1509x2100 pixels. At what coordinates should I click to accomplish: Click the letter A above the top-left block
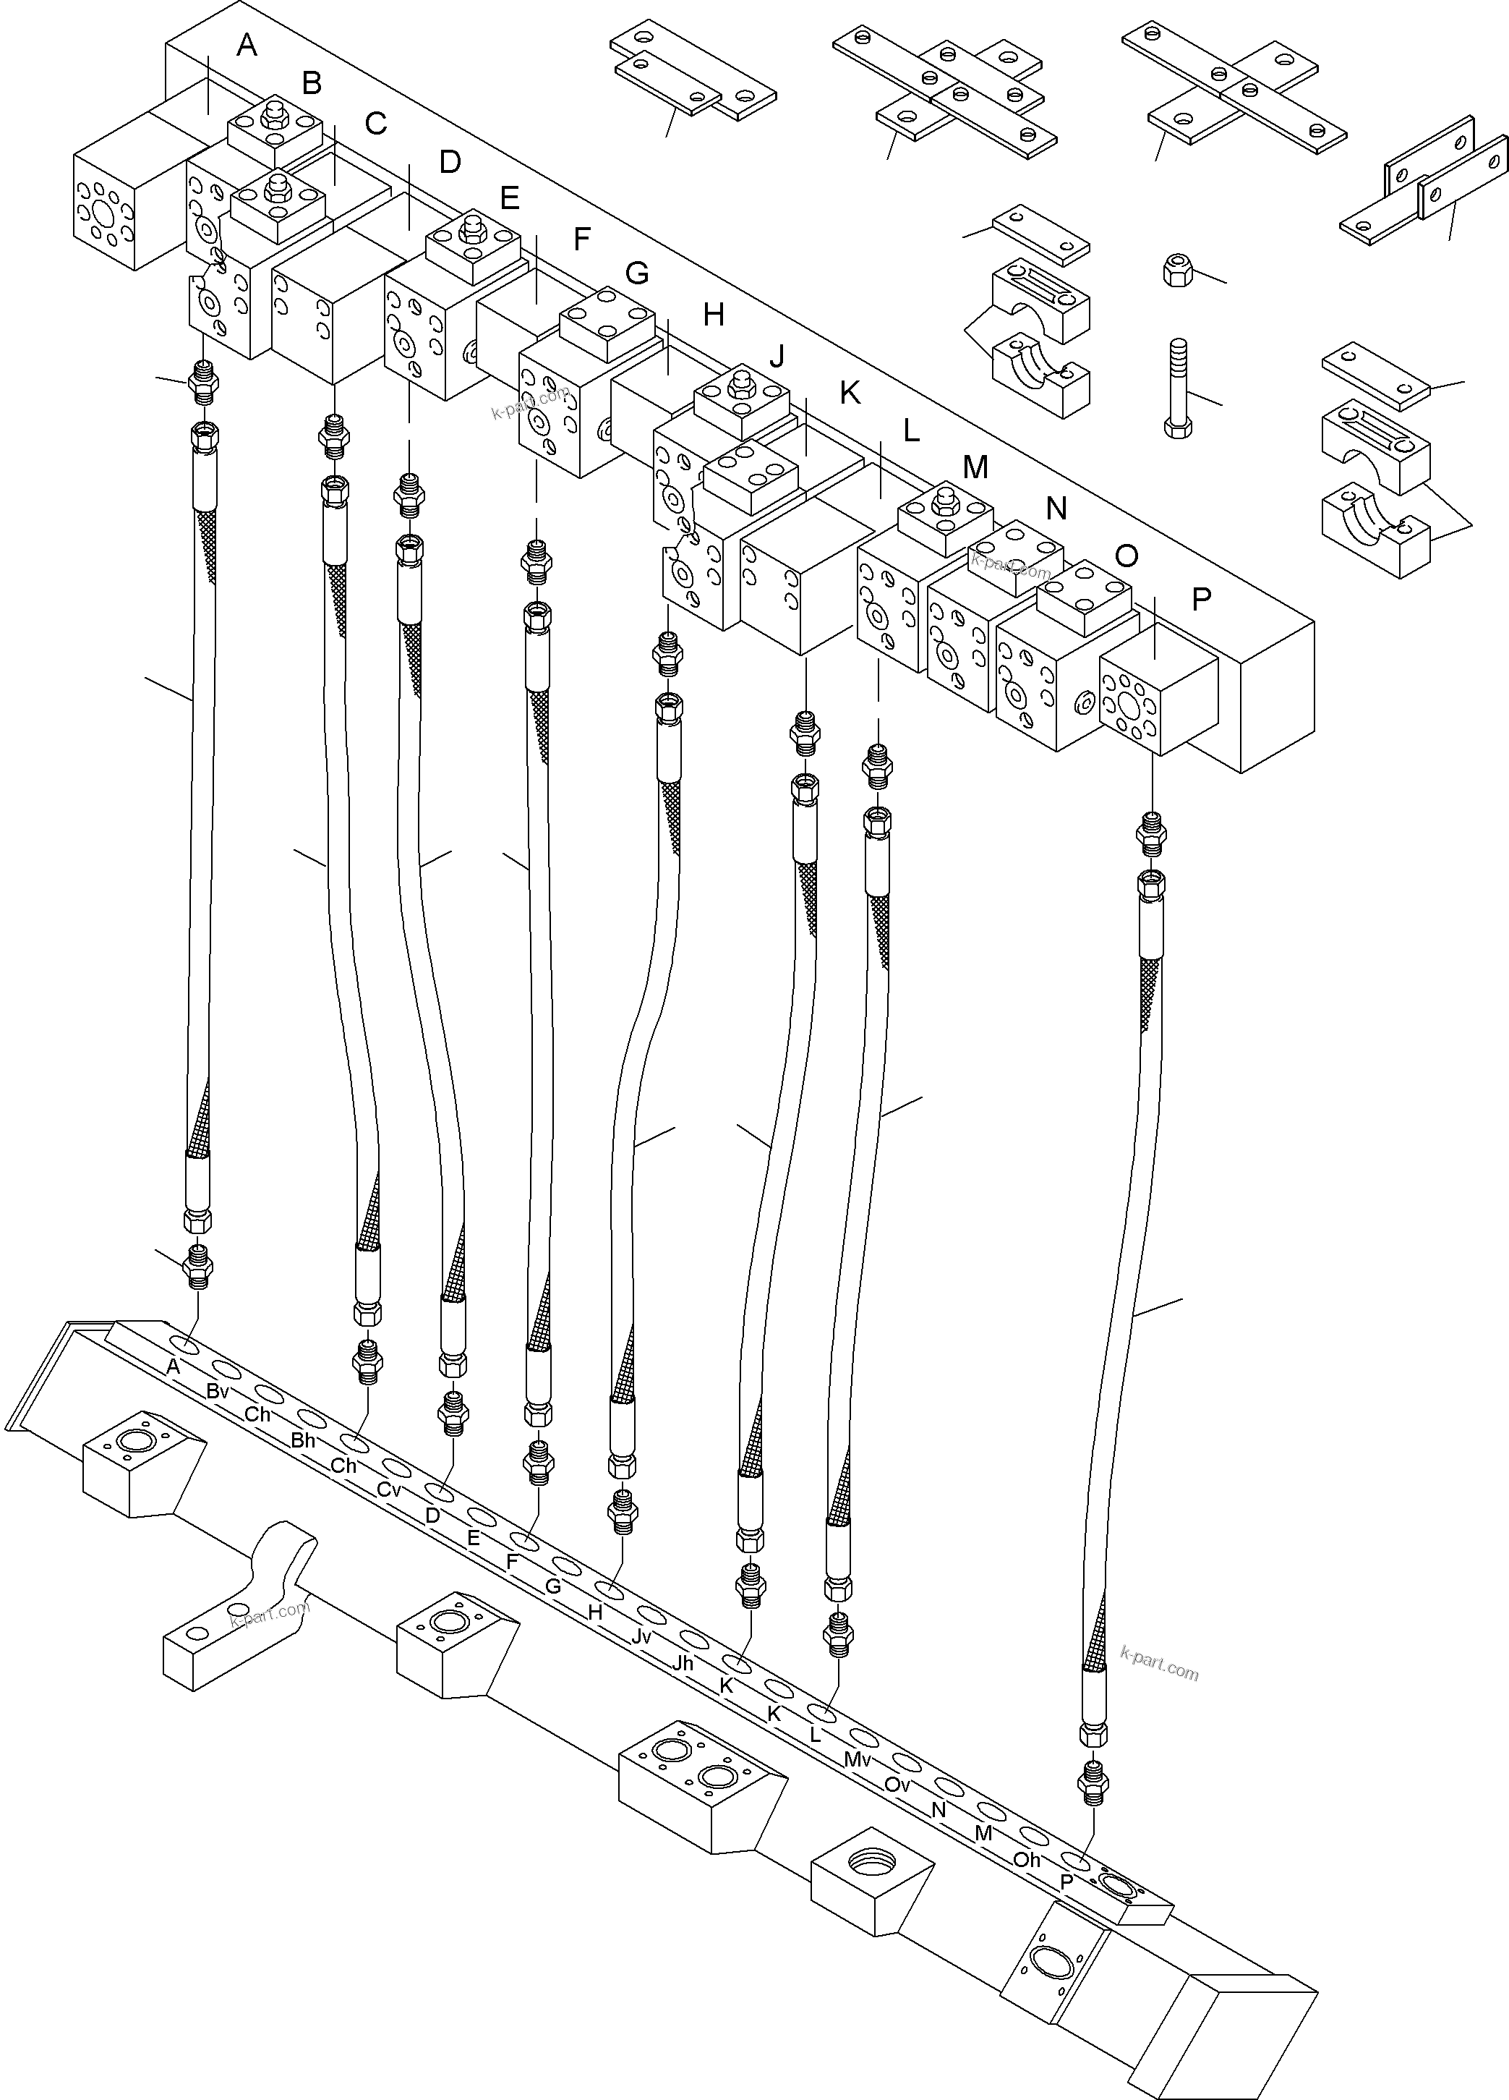[247, 44]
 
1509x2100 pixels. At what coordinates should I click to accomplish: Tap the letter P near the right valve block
[1201, 600]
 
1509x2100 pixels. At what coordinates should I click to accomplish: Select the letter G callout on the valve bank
[637, 273]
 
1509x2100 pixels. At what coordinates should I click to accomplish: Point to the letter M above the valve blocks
[975, 467]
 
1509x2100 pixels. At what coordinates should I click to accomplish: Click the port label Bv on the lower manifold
[218, 1392]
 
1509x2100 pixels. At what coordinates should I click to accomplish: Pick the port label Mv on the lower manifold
[858, 1759]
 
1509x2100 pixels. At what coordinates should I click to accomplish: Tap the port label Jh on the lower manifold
[683, 1663]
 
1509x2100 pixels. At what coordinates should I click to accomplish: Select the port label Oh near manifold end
[1027, 1859]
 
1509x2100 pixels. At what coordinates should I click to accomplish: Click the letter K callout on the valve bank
[849, 394]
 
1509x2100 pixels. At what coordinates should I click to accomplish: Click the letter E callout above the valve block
[509, 198]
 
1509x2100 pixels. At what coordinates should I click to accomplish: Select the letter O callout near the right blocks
[1127, 555]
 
